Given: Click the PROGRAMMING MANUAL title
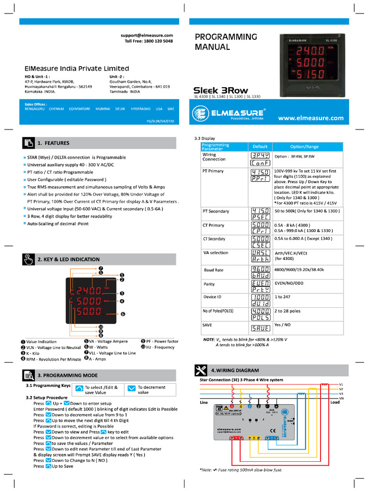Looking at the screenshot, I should coord(226,42).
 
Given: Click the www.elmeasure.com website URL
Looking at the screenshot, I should coord(311,118).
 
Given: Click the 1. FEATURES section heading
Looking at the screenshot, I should coord(53,143).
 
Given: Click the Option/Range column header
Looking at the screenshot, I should coord(304,146).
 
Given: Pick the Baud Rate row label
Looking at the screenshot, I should coord(213,270).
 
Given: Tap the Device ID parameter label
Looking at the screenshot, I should coord(212,297).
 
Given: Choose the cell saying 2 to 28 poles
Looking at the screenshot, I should coord(287,311).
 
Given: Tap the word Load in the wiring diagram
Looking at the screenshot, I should coord(335,402).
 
